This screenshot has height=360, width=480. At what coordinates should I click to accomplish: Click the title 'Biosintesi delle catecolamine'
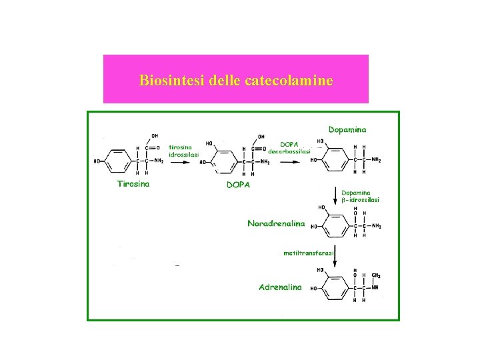(236, 81)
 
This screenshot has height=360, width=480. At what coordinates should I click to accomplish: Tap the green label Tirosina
(133, 184)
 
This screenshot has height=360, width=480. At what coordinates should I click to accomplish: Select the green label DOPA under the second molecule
(238, 185)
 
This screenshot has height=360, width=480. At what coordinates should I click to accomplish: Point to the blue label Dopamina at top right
(347, 129)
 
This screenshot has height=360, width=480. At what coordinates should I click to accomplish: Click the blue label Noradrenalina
(276, 223)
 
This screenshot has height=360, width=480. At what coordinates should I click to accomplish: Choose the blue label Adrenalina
(280, 287)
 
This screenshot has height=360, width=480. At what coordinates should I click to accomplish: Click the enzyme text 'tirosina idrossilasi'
(183, 151)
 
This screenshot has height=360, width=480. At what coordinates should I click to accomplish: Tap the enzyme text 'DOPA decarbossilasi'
(289, 147)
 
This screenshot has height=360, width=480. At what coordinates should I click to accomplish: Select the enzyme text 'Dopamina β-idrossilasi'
(361, 196)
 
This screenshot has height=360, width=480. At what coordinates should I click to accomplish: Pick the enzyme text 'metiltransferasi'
(308, 253)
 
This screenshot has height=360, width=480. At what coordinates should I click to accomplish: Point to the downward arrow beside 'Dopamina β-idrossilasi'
(335, 196)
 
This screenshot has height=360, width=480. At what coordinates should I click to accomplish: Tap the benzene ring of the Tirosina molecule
(117, 161)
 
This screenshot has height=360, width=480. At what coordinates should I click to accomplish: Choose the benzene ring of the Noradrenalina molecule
(335, 225)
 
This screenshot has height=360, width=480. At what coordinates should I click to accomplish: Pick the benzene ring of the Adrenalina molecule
(335, 288)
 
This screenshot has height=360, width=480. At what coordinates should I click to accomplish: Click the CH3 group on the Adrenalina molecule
(377, 275)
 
